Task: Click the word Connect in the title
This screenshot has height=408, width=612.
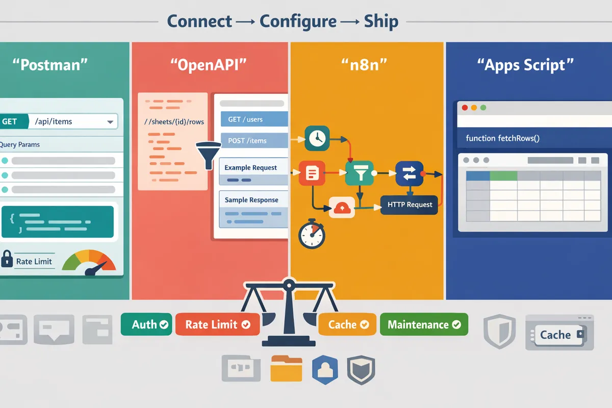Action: (199, 21)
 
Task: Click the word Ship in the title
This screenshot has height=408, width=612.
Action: (381, 21)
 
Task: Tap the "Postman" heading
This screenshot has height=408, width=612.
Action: (50, 65)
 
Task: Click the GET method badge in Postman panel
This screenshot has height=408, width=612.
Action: (10, 121)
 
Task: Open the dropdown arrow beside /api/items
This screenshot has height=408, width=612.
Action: (110, 122)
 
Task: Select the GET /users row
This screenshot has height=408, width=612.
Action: (253, 119)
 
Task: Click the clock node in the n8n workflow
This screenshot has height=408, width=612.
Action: (317, 138)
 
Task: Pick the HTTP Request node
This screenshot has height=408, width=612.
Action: (410, 205)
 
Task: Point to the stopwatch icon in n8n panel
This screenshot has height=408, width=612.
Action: (312, 234)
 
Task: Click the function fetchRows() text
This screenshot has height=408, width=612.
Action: (502, 138)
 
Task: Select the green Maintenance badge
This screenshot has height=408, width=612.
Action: (424, 324)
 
